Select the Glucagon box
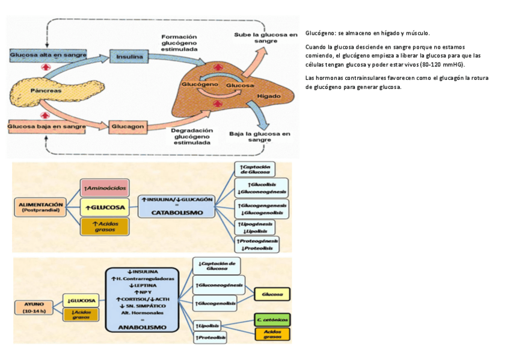pos(127,126)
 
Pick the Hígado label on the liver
pos(268,96)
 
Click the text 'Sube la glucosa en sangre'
pos(265,38)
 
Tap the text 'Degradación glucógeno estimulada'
pos(192,136)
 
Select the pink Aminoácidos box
pos(105,188)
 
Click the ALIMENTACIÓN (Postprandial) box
pos(41,207)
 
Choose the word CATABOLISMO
pos(176,213)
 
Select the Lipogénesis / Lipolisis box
pos(256,227)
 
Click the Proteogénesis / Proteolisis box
pos(257,244)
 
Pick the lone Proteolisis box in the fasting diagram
pos(210,338)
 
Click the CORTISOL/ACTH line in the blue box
pos(142,299)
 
